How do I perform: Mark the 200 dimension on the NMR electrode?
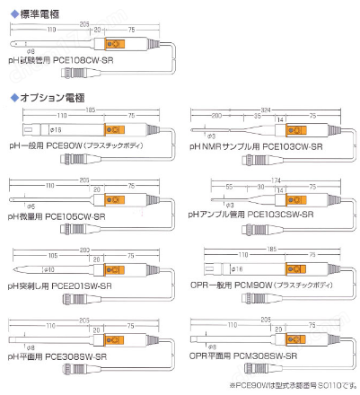point(215,117)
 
